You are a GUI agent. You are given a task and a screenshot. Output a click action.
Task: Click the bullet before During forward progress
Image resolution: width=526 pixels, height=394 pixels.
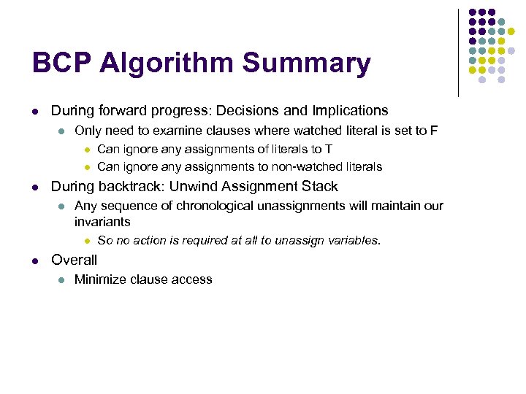tap(34, 112)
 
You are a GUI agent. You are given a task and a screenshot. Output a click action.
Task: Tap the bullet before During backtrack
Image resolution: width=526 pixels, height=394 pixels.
tap(34, 187)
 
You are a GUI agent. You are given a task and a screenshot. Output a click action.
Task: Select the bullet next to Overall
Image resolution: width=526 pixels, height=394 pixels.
tap(34, 260)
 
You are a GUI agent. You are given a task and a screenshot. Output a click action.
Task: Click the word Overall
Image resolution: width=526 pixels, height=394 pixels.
tap(74, 260)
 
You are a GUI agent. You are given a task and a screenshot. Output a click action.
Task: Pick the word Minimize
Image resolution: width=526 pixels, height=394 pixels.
tap(99, 279)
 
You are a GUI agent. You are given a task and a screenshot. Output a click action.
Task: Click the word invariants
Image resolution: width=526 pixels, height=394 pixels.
tap(102, 221)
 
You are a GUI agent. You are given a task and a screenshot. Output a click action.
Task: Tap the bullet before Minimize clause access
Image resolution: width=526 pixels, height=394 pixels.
tap(62, 279)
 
